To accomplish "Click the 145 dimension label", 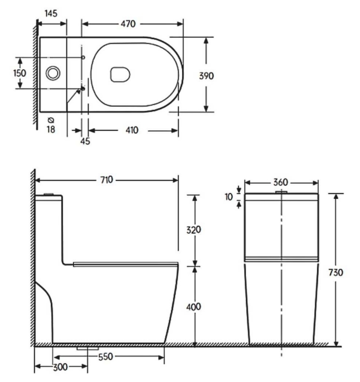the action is [51, 13].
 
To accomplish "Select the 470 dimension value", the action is [128, 24].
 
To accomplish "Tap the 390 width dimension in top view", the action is [206, 76].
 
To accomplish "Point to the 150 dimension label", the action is [19, 73].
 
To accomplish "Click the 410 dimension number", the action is [132, 131].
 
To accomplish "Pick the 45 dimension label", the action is [85, 141].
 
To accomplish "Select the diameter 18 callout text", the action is [51, 127].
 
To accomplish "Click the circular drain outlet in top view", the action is [53, 73].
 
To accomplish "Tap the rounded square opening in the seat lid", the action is [120, 74].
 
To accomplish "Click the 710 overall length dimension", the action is [106, 180].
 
